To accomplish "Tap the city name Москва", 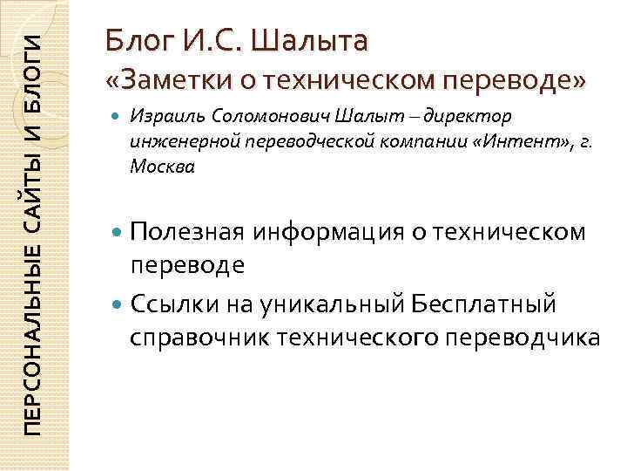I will [157, 166].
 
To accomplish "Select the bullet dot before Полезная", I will [118, 232].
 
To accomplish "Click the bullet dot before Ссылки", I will [118, 306].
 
